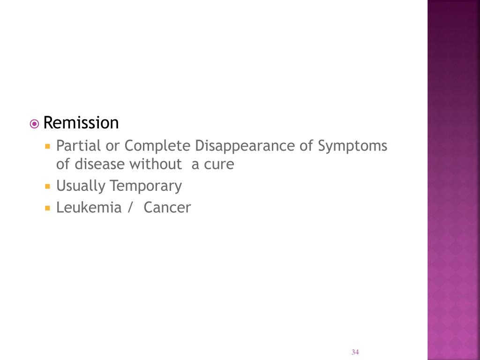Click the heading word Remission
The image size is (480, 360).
81,123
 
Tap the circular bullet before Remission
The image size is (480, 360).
34,124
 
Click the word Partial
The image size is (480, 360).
78,146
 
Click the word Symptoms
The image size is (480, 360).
352,146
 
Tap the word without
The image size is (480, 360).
156,165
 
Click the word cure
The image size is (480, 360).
218,165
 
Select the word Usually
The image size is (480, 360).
81,186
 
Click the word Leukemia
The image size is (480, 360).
89,207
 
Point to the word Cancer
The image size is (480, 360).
167,207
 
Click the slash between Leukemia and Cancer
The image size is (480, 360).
129,208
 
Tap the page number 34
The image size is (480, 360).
355,352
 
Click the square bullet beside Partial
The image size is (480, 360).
47,146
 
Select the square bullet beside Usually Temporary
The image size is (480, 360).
47,186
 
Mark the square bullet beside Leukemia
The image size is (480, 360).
47,207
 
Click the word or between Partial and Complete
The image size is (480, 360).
112,146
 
